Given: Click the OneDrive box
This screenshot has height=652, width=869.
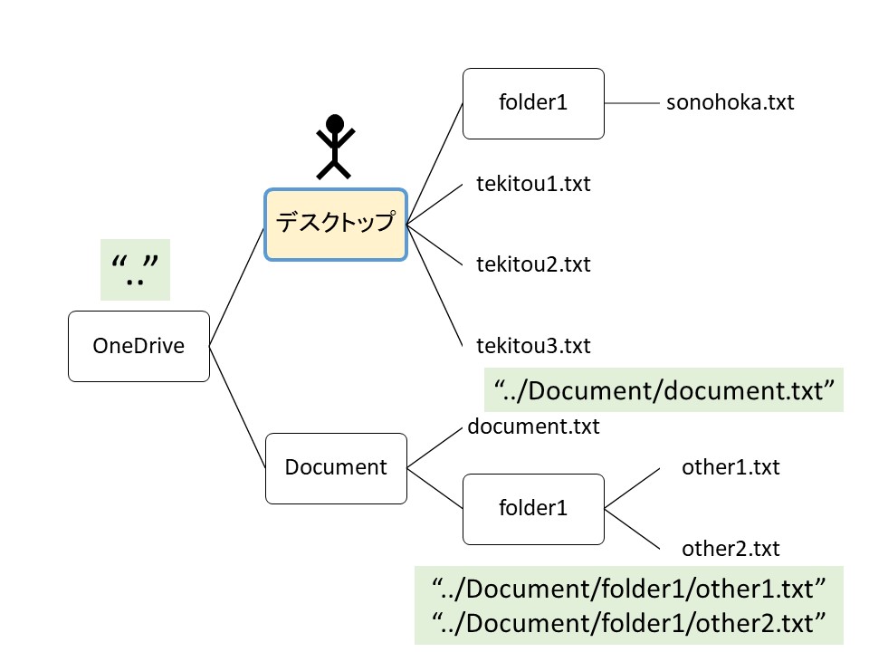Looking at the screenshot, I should [x=138, y=346].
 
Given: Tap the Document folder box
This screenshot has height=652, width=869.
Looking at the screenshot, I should [x=336, y=468].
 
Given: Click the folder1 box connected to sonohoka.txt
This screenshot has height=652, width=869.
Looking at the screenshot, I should [x=533, y=103].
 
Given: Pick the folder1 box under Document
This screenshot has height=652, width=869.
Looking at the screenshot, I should [x=533, y=509].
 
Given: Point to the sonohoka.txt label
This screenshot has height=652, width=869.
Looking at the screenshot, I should [x=730, y=102].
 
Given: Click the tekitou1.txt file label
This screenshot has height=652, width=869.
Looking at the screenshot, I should [x=533, y=185].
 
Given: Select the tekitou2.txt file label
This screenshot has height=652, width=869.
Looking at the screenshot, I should [x=533, y=265].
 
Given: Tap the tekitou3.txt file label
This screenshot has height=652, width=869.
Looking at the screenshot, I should [x=533, y=346].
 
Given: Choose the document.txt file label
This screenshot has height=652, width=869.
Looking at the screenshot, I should [x=533, y=427].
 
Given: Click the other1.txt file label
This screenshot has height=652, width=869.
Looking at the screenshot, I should [x=731, y=468].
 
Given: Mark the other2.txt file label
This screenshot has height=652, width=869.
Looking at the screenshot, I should [x=731, y=549].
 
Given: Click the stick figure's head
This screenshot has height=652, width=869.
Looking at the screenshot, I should [x=336, y=123].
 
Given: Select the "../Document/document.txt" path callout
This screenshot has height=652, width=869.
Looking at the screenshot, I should [x=664, y=390].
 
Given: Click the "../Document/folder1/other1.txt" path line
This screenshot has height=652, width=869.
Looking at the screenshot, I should [x=628, y=590].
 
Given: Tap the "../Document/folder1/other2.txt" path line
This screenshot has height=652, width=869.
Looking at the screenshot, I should [x=628, y=623].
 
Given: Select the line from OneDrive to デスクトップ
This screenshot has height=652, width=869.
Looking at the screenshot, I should [x=237, y=285].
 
